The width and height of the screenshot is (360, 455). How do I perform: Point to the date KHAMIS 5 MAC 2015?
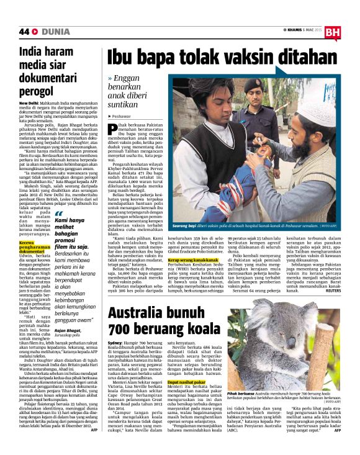tap(303, 30)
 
